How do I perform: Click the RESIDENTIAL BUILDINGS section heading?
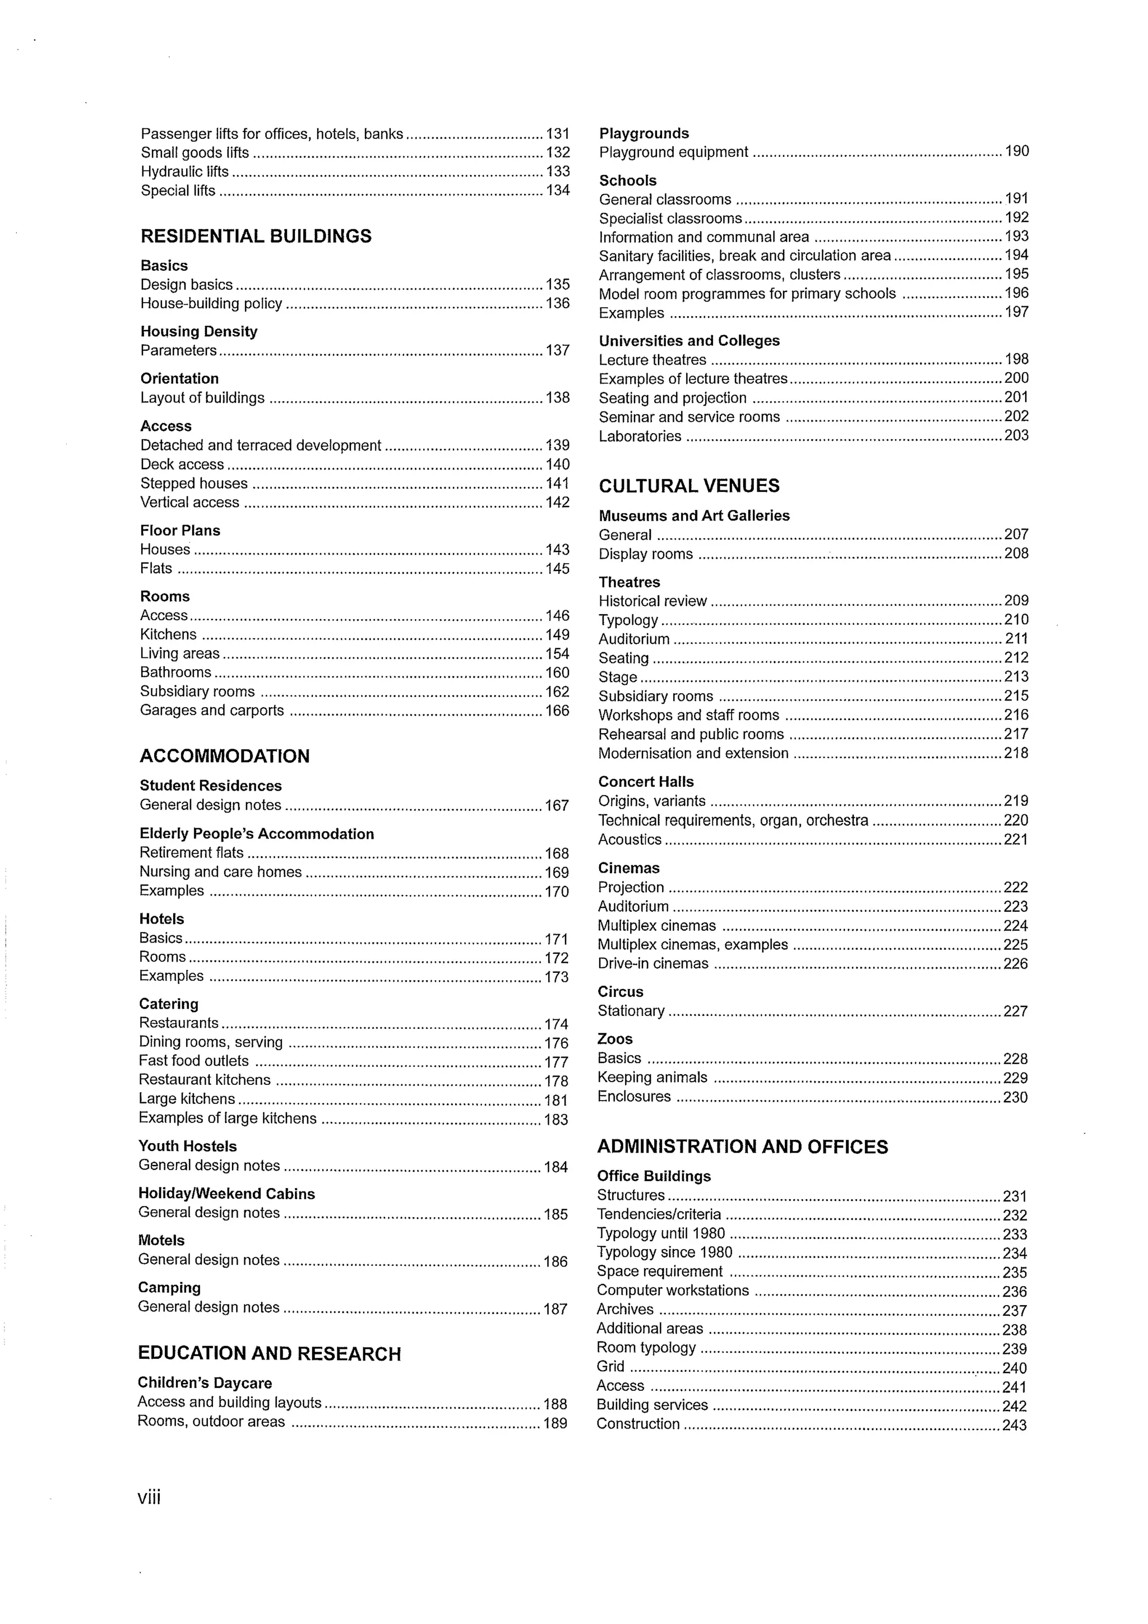coord(256,236)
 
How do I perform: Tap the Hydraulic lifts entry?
coord(184,172)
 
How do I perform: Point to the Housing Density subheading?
coord(199,332)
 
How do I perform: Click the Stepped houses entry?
coord(194,484)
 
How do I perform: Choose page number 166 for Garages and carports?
coord(557,711)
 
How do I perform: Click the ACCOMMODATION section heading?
coord(224,756)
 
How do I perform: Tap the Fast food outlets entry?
coord(194,1061)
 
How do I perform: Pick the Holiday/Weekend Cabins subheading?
coord(226,1194)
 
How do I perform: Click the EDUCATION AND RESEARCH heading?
coord(269,1354)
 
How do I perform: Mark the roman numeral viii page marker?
coord(149,1497)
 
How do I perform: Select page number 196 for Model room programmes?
coord(1016,294)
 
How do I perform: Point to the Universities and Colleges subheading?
coord(689,341)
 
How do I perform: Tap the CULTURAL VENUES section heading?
coord(689,486)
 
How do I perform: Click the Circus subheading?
coord(621,992)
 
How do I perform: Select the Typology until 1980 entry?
coord(661,1233)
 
